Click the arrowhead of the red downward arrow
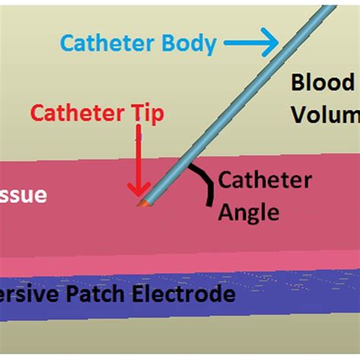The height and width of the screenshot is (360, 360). pos(137,191)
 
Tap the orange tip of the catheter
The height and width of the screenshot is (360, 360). pos(141,204)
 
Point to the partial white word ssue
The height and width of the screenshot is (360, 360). pos(23,196)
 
